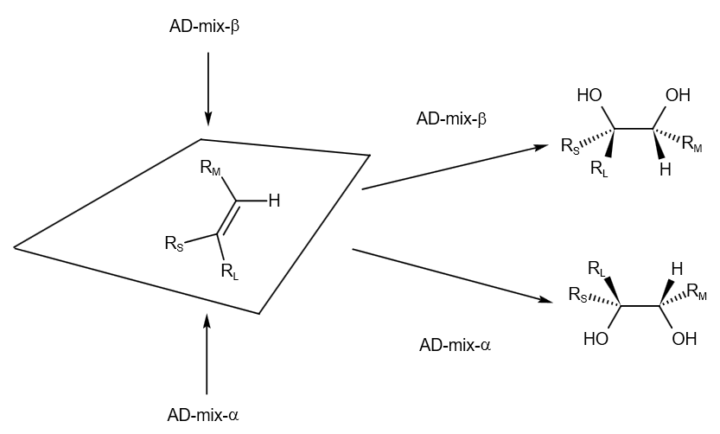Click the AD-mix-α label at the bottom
tap(203, 414)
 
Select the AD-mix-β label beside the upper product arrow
tap(451, 118)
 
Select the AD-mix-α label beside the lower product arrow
tap(455, 345)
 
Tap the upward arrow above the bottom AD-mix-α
tap(207, 354)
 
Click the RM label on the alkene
tap(210, 168)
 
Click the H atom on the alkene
tap(274, 201)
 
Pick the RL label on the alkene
tap(229, 272)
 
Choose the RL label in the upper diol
tap(599, 169)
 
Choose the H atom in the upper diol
tap(665, 169)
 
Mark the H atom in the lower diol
tap(677, 268)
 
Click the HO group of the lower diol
tap(596, 339)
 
